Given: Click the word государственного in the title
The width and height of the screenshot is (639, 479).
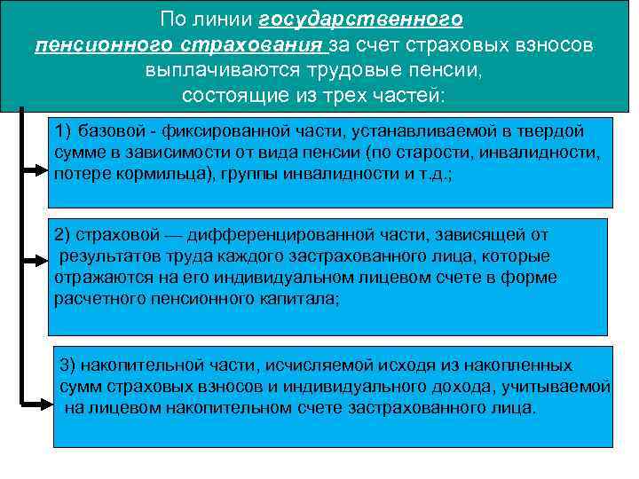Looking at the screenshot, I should point(363,20).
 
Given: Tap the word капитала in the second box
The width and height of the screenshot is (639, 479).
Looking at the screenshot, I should point(293,299).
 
